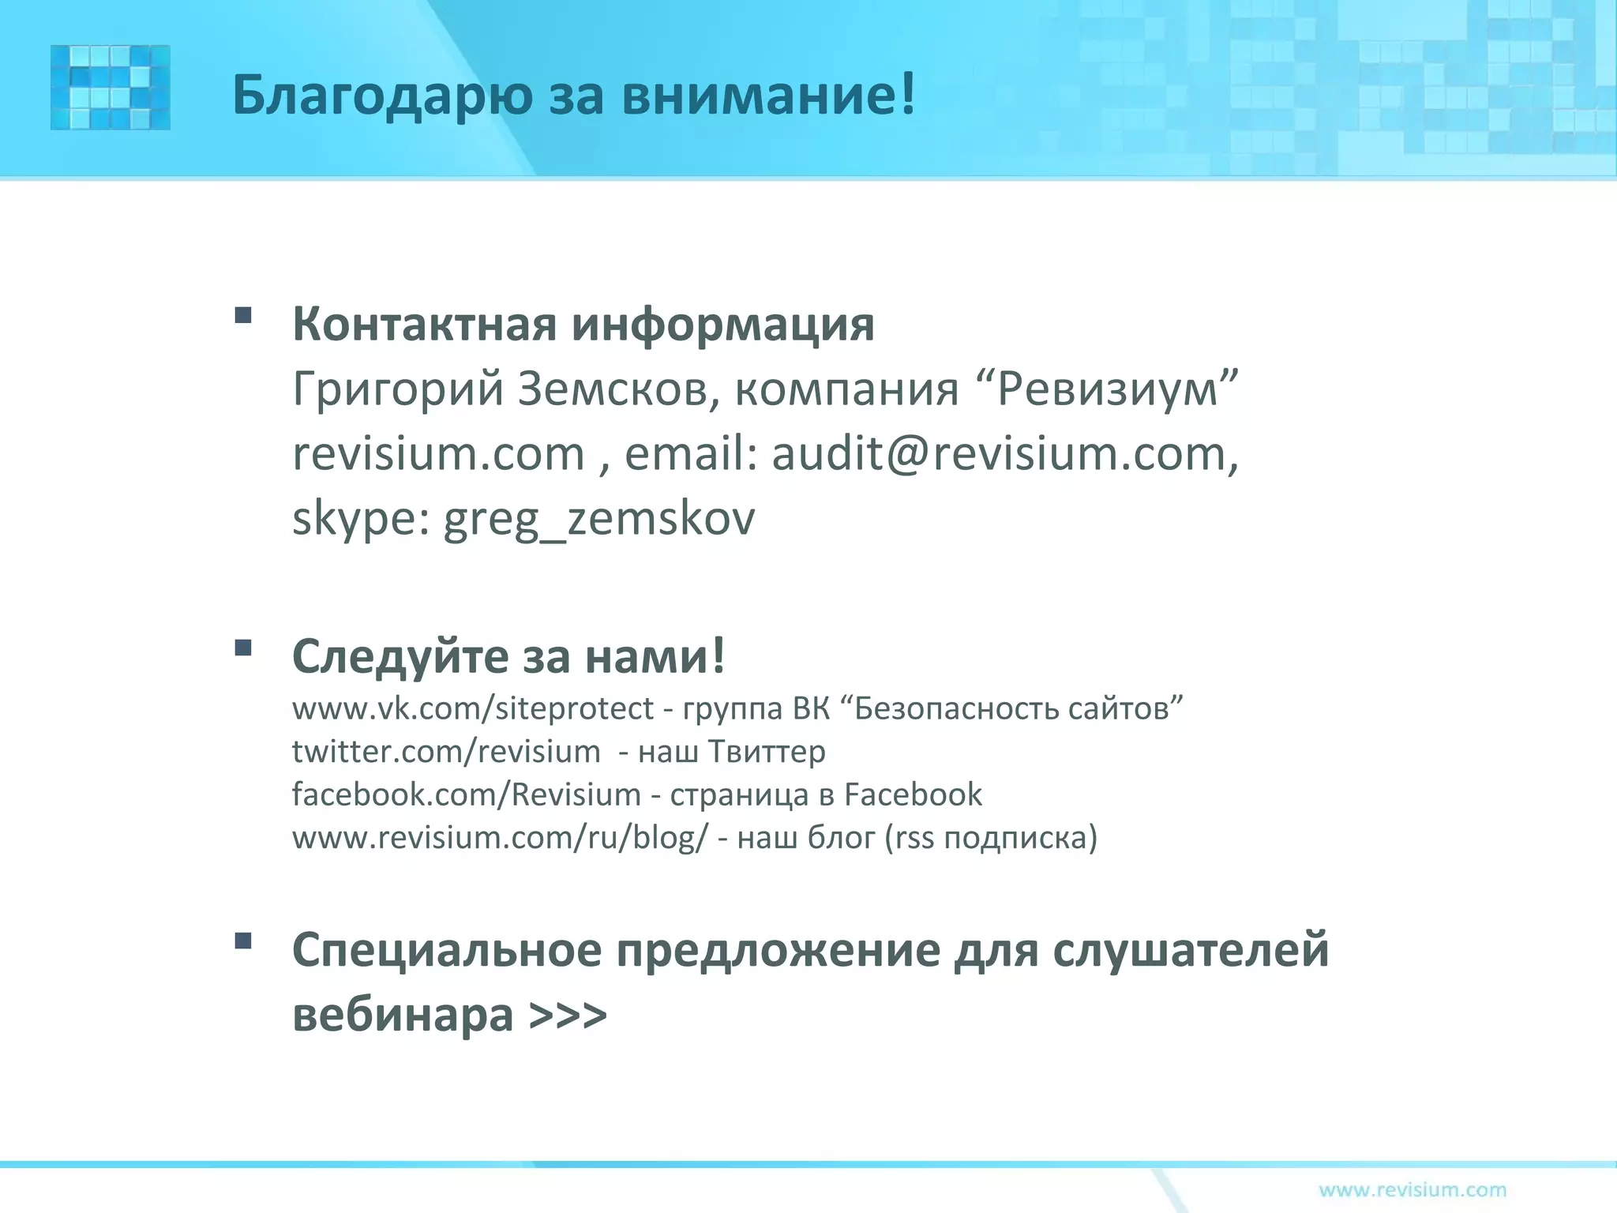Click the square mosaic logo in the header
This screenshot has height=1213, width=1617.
coord(111,87)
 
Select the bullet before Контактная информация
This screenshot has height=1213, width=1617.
coord(243,316)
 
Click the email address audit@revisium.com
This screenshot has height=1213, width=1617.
coord(999,454)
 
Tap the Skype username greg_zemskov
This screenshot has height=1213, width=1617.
coord(599,519)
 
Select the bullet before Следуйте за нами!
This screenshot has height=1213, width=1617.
coord(243,648)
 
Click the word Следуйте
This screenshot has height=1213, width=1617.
coord(400,656)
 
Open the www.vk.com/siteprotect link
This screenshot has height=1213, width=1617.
coord(473,708)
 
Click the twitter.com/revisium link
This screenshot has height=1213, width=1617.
coord(446,751)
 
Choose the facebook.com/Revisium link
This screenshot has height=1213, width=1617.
coord(466,794)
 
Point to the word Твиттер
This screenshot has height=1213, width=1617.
coord(767,751)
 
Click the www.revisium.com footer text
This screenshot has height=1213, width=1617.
coord(1413,1189)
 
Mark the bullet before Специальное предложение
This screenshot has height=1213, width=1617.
coord(243,941)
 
